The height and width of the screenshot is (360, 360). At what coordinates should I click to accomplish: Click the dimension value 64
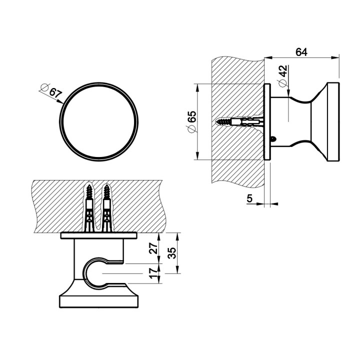pos(301,51)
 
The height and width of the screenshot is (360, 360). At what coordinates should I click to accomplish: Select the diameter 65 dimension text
pos(191,121)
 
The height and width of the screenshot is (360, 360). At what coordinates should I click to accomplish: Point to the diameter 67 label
pos(52,92)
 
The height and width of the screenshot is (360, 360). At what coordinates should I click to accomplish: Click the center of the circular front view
pos(98,121)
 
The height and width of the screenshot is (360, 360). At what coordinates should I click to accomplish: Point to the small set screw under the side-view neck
pos(272,138)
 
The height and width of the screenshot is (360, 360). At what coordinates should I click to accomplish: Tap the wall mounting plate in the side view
pos(267,121)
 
